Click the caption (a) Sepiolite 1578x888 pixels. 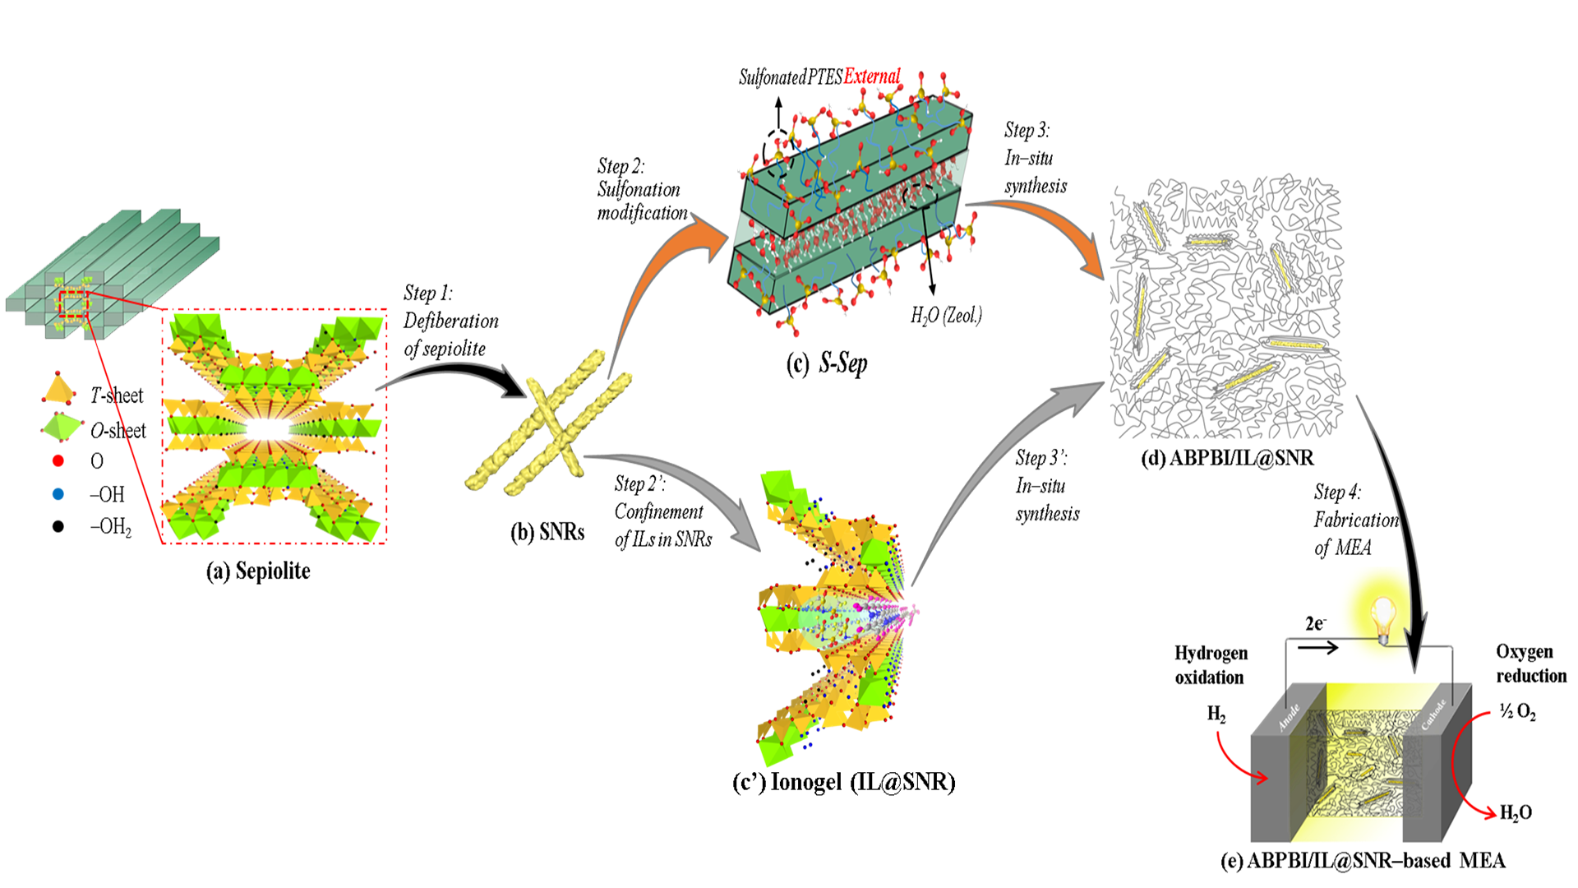258,571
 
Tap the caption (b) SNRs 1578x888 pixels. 547,532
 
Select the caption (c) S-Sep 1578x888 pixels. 826,363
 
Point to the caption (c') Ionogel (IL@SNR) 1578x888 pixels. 843,781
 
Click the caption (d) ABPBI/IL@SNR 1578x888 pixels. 1227,458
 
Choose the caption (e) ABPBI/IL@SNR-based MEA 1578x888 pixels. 1363,861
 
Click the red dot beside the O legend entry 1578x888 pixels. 58,460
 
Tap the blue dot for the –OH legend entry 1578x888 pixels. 58,494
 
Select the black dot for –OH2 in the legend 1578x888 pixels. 58,526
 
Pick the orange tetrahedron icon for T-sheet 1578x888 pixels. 58,389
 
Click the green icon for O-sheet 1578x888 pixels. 61,427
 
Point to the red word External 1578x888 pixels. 872,76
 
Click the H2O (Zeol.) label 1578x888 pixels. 946,315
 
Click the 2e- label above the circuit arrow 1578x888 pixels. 1315,624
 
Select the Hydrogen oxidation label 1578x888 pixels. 1210,665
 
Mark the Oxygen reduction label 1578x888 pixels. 1530,664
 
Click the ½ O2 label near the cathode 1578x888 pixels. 1517,711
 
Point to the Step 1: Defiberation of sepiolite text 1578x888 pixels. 450,321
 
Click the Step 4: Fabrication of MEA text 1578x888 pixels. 1354,520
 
